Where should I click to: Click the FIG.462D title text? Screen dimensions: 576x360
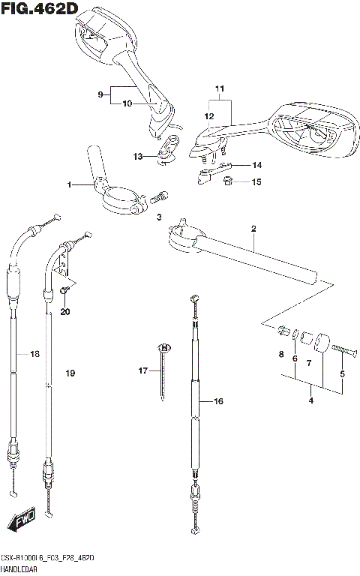pyautogui.click(x=40, y=8)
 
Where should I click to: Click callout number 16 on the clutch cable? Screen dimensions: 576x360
pyautogui.click(x=218, y=402)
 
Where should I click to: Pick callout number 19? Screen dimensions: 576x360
pyautogui.click(x=70, y=373)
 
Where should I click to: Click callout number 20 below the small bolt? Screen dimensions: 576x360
pyautogui.click(x=64, y=311)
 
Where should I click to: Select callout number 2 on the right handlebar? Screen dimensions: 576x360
pyautogui.click(x=253, y=228)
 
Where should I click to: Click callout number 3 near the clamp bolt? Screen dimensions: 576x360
pyautogui.click(x=159, y=217)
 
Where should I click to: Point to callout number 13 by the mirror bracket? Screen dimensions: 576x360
pyautogui.click(x=137, y=156)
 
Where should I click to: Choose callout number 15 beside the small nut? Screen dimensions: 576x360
pyautogui.click(x=256, y=181)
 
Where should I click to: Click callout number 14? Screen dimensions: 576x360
pyautogui.click(x=256, y=164)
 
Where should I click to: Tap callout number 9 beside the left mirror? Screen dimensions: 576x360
pyautogui.click(x=100, y=94)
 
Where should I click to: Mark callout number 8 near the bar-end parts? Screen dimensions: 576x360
pyautogui.click(x=280, y=354)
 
